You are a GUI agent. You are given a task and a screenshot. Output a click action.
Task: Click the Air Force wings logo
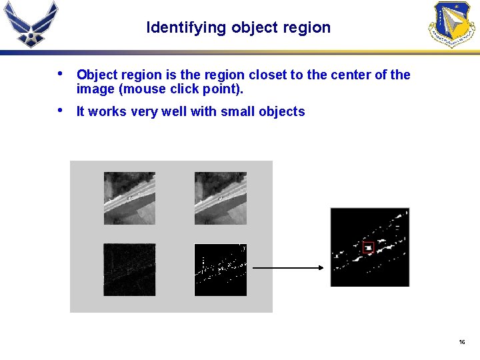[x=31, y=23]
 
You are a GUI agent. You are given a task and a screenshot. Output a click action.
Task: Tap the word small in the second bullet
[x=239, y=112]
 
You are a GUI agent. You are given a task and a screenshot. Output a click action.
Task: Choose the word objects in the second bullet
[x=282, y=112]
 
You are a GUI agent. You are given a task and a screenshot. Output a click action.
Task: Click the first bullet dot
[x=61, y=74]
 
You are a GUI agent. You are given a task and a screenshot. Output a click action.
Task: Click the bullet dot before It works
[x=61, y=110]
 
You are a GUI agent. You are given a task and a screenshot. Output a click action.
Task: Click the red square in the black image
[x=368, y=247]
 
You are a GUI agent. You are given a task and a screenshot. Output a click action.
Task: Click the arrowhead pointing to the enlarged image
[x=320, y=268]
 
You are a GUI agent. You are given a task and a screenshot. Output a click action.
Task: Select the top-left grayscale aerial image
[x=129, y=198]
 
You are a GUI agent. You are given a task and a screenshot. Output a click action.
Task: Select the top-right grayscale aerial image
[x=220, y=198]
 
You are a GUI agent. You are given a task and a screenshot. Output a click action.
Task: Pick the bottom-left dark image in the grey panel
[x=129, y=269]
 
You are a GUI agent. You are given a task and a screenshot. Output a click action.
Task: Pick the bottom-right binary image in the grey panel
[x=220, y=269]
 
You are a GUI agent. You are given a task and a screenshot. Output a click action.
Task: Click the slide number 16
[x=461, y=342]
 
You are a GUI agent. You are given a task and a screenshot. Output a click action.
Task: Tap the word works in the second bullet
[x=107, y=112]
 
